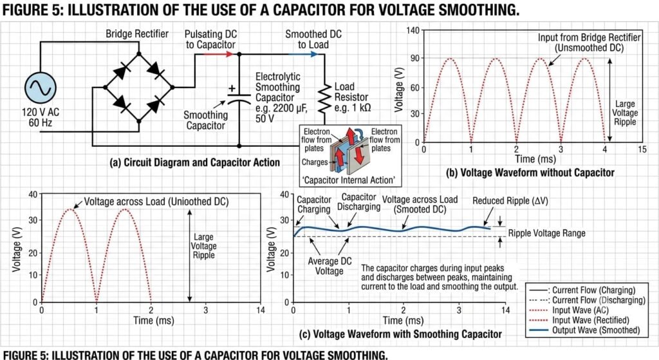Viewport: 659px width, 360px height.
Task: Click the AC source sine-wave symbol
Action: tap(41, 88)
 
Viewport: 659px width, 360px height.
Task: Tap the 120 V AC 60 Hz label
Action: tap(41, 117)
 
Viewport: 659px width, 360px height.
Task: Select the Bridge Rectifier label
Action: tap(137, 33)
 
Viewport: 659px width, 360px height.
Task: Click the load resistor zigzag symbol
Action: tap(324, 98)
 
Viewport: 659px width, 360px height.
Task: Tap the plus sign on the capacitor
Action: tap(232, 88)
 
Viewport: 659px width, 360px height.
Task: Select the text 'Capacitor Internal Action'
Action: tap(349, 180)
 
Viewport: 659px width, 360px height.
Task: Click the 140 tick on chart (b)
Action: tap(413, 30)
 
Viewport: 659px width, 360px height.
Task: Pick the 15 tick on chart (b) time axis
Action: tap(642, 149)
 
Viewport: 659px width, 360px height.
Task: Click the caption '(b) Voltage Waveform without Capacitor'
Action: tap(530, 173)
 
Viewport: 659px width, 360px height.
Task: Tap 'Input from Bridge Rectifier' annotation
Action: tap(589, 37)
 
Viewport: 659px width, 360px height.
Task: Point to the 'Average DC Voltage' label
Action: tap(329, 266)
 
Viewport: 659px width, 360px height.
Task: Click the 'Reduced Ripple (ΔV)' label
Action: tap(510, 201)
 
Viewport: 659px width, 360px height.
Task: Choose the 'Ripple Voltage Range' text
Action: tap(547, 233)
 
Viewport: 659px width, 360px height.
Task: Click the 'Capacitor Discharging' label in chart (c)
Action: tap(359, 202)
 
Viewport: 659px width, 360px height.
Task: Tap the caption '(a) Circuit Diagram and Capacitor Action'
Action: tap(194, 163)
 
